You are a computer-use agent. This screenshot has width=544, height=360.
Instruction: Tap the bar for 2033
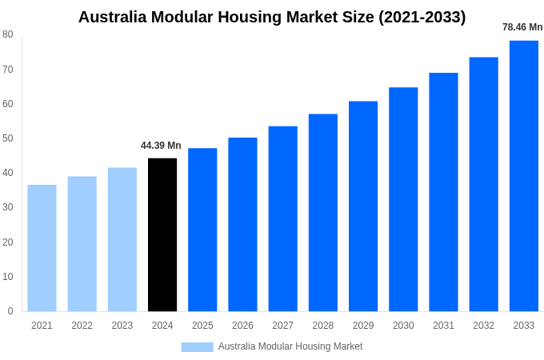(524, 176)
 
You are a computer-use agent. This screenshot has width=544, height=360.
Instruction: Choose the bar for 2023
(122, 239)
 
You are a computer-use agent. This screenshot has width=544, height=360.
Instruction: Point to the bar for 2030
(403, 199)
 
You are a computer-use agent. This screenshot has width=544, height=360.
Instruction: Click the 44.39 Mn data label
(161, 146)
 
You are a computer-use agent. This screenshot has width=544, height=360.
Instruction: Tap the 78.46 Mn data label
(522, 27)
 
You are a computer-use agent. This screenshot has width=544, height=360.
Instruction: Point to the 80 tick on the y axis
(8, 34)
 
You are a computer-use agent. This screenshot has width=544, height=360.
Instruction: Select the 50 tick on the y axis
(8, 138)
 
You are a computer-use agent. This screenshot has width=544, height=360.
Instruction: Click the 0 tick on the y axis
(10, 311)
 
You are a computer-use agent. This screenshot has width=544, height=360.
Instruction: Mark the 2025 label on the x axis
(202, 326)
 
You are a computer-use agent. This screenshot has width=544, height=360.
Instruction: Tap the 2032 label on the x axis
(483, 326)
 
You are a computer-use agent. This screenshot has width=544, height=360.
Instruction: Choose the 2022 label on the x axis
(82, 326)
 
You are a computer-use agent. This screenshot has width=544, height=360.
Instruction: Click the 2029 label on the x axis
(363, 326)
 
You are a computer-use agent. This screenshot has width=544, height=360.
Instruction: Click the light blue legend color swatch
(197, 346)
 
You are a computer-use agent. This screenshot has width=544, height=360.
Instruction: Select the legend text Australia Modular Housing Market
(290, 346)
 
